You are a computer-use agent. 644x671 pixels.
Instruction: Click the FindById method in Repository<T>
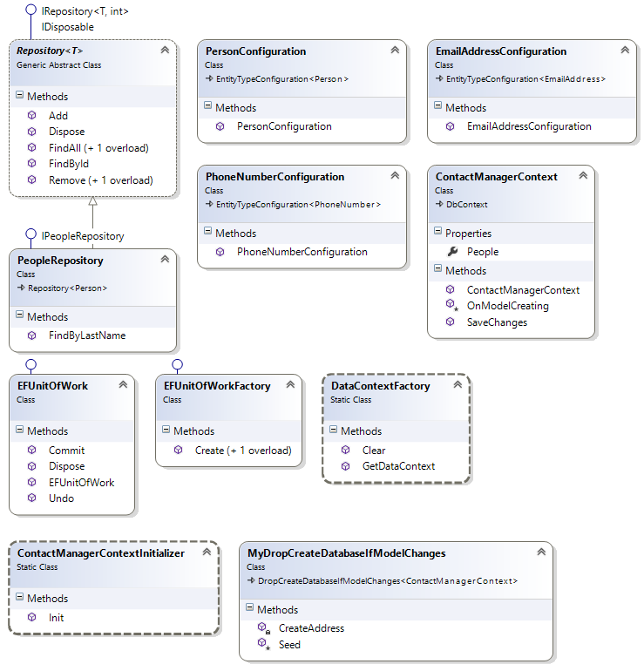point(69,164)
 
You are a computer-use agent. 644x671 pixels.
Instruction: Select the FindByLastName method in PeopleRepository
point(86,335)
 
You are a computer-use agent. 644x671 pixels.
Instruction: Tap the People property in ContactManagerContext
point(483,252)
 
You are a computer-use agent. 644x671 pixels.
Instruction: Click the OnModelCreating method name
point(507,306)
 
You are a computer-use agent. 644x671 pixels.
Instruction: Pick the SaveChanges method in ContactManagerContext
point(497,322)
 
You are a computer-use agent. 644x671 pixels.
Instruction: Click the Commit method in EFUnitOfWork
point(67,451)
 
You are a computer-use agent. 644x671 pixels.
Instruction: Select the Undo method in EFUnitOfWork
point(62,498)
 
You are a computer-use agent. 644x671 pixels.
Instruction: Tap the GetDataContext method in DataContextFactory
point(398,466)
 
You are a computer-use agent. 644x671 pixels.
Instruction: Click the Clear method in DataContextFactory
point(374,451)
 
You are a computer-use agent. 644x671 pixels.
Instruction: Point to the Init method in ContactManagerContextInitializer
point(57,618)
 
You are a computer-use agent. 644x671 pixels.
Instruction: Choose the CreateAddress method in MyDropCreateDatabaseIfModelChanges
point(311,628)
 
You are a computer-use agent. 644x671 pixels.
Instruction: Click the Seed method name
point(289,645)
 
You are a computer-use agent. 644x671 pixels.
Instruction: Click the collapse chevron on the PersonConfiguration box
point(396,51)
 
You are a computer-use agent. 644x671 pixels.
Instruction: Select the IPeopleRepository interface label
point(83,236)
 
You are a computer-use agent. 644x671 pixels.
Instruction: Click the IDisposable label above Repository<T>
point(68,27)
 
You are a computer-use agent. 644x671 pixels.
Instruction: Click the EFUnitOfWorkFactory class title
point(217,385)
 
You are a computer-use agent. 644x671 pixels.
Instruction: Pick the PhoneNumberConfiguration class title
point(275,177)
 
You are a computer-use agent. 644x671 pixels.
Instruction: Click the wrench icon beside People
point(451,252)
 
